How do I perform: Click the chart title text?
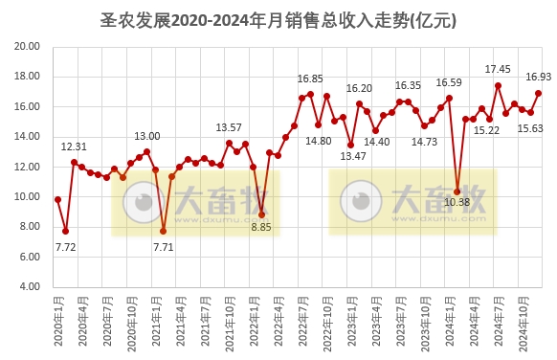point(278,19)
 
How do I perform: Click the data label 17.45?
point(498,69)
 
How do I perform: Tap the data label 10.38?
point(457,202)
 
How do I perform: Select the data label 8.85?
point(261,227)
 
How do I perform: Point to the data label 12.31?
point(74,146)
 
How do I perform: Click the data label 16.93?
point(539,77)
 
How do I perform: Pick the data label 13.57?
point(229,127)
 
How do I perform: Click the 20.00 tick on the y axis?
point(27,47)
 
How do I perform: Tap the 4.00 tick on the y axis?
point(29,286)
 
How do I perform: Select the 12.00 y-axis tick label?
point(27,167)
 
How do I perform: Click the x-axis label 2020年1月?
point(59,321)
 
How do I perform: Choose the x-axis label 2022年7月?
point(302,321)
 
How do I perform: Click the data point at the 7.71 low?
point(164,231)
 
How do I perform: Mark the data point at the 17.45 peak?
point(498,85)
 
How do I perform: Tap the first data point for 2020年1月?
point(57,199)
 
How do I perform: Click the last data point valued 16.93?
point(539,93)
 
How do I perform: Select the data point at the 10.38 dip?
point(457,191)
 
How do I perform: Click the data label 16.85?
point(310,79)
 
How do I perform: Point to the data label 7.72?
point(65,247)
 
